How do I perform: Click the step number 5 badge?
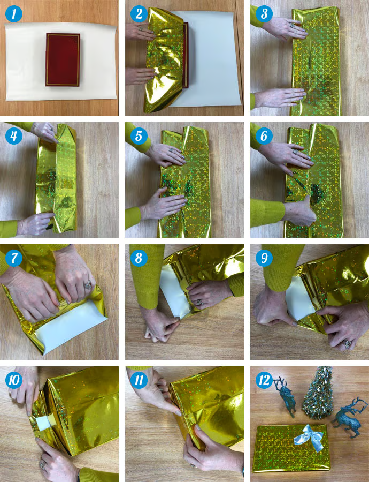pyautogui.click(x=139, y=135)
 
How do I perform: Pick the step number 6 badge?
pyautogui.click(x=264, y=135)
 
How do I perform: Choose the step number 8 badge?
pyautogui.click(x=139, y=259)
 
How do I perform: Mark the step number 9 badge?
pyautogui.click(x=264, y=259)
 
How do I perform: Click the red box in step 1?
pyautogui.click(x=63, y=59)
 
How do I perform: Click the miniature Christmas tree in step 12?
pyautogui.click(x=318, y=394)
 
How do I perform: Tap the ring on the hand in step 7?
pyautogui.click(x=87, y=285)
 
